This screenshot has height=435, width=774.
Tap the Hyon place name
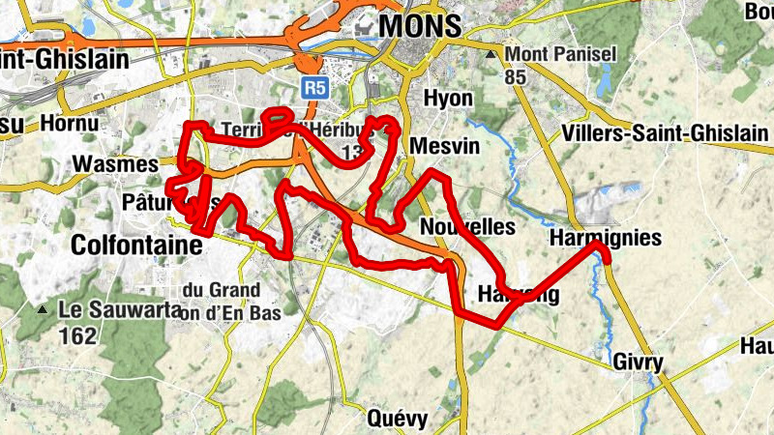[448, 99]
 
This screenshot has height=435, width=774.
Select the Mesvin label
[439, 146]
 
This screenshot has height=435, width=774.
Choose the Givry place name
[638, 363]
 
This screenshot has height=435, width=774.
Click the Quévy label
[398, 419]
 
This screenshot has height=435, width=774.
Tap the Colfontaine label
[136, 246]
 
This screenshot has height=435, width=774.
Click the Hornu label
[71, 124]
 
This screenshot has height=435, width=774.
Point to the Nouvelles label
[468, 226]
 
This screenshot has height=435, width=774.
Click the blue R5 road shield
[313, 89]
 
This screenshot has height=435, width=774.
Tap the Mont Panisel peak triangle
[492, 54]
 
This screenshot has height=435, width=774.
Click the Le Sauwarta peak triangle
[43, 311]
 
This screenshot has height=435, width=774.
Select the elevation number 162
[77, 336]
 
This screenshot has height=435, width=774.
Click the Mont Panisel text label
[560, 54]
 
